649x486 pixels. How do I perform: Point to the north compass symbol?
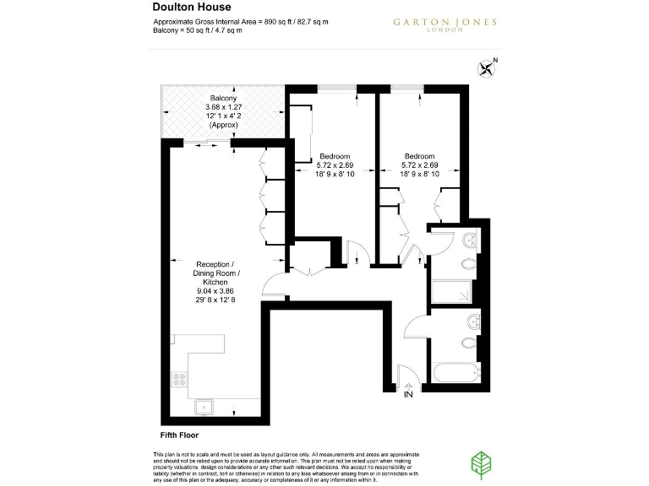coord(488,68)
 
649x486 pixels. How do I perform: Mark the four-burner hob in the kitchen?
coord(179,381)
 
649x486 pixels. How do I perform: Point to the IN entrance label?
coord(408,395)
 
